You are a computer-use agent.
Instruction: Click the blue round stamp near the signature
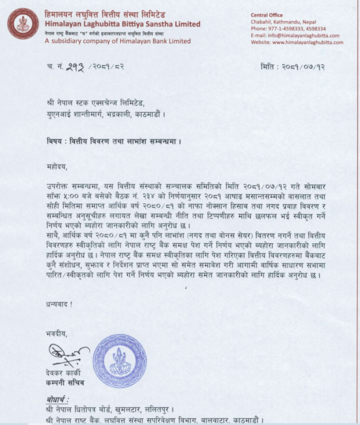[x=120, y=360]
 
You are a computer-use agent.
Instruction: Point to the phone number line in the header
[x=288, y=28]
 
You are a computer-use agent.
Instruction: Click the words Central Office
[x=268, y=15]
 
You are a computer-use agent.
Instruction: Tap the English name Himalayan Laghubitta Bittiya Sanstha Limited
[x=122, y=24]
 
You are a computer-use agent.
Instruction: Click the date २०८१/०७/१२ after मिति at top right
[x=306, y=67]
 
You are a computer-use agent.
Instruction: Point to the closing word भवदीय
[x=57, y=334]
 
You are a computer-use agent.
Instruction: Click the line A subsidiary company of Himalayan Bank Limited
[x=118, y=41]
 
